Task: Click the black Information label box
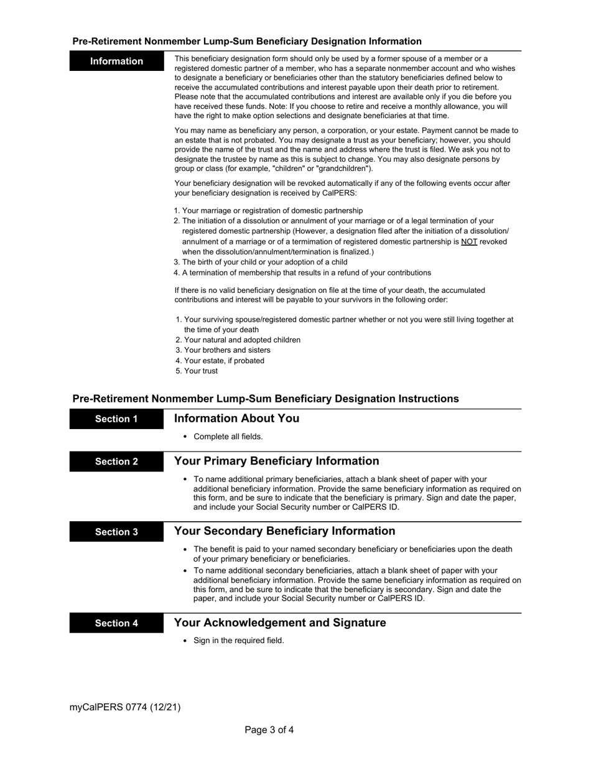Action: [x=116, y=61]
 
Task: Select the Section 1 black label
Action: [x=116, y=419]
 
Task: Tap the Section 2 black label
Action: [x=116, y=461]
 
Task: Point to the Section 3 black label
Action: [x=116, y=532]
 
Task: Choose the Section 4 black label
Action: [x=116, y=623]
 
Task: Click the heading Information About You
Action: [x=236, y=419]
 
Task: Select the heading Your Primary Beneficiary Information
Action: [x=276, y=461]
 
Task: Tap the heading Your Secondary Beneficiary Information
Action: [x=284, y=531]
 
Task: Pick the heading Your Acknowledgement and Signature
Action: [x=280, y=623]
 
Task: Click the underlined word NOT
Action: [x=469, y=241]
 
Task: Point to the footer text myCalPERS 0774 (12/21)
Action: [x=125, y=707]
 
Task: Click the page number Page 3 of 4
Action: [x=269, y=730]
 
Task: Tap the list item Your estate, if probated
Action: [x=224, y=361]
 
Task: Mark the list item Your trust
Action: [x=201, y=371]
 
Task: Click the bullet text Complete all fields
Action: [x=228, y=437]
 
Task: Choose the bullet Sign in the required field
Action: [x=238, y=641]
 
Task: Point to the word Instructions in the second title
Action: [x=426, y=399]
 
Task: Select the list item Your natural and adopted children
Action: [x=242, y=340]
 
